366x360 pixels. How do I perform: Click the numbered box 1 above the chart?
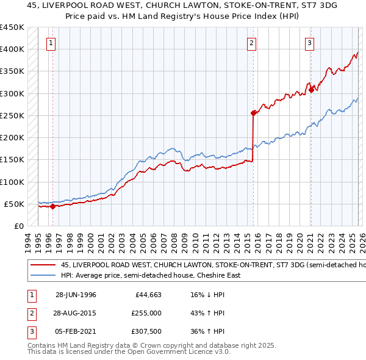(x=50, y=43)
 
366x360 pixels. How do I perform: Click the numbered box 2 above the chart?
(x=251, y=43)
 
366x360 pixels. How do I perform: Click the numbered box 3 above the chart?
(x=309, y=43)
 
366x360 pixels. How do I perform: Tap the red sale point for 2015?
(x=253, y=113)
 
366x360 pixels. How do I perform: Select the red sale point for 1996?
(x=53, y=206)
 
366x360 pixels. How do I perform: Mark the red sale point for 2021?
(x=311, y=90)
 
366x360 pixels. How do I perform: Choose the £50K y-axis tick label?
(x=13, y=204)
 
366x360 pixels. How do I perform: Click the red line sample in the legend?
(x=43, y=265)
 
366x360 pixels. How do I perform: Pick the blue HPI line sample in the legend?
(x=43, y=275)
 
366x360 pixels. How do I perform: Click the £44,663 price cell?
(x=146, y=295)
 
